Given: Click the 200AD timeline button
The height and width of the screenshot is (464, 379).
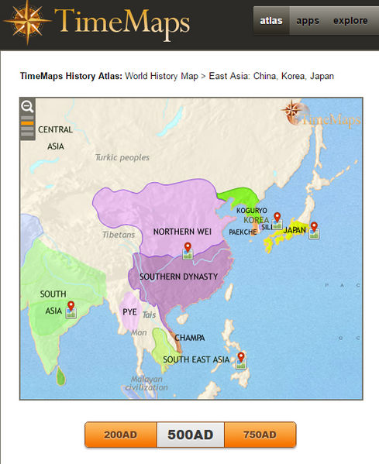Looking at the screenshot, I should [x=120, y=435].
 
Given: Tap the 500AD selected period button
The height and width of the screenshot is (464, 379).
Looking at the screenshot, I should [x=190, y=435].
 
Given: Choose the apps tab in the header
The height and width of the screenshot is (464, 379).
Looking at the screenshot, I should [x=308, y=21].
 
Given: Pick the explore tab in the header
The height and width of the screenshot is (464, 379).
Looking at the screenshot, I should [x=350, y=21].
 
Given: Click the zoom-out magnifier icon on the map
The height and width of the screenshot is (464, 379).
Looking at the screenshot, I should [x=27, y=107].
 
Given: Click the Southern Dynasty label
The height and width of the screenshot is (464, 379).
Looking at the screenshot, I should [x=178, y=276].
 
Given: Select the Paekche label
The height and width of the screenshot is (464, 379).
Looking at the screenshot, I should [x=243, y=232].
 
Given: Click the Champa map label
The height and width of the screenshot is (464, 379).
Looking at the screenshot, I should [x=190, y=338].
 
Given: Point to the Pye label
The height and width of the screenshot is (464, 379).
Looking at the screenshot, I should [x=129, y=312].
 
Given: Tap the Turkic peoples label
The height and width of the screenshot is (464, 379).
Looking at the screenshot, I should [x=122, y=157].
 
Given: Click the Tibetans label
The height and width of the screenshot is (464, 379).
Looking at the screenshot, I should [x=119, y=234].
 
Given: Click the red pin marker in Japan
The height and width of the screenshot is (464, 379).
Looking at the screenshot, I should [x=313, y=228].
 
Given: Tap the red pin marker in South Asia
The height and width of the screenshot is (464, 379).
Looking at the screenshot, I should [x=71, y=308].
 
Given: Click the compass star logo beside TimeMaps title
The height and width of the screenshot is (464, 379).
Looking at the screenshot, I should [x=26, y=22].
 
